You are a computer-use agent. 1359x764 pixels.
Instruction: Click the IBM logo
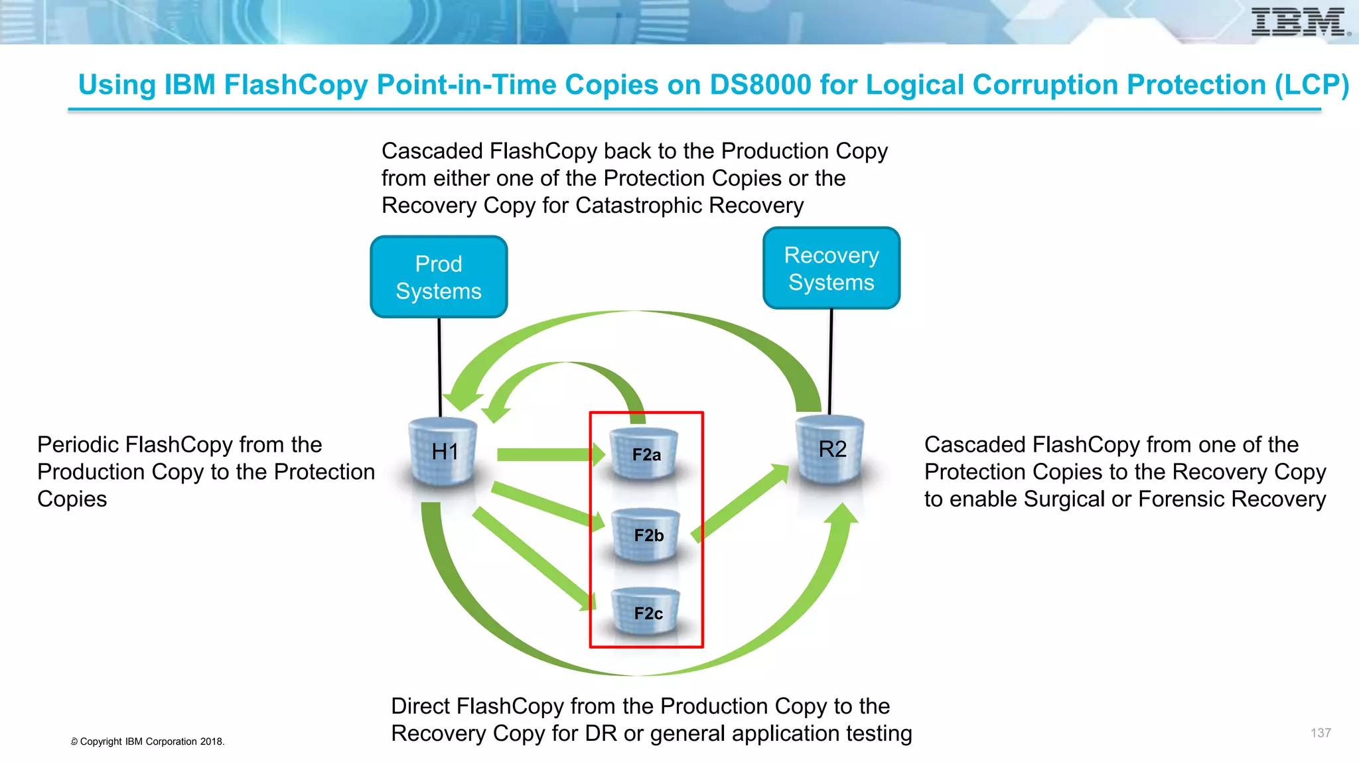pyautogui.click(x=1299, y=22)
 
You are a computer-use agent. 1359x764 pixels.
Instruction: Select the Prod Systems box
pyautogui.click(x=439, y=277)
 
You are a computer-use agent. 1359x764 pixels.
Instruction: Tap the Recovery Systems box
pyautogui.click(x=831, y=268)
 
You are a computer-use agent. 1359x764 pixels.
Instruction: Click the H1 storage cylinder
pyautogui.click(x=443, y=452)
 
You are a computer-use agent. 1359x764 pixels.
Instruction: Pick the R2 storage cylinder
pyautogui.click(x=831, y=450)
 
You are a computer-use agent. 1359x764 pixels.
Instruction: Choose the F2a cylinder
pyautogui.click(x=645, y=454)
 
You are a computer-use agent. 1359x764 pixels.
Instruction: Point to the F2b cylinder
pyautogui.click(x=647, y=535)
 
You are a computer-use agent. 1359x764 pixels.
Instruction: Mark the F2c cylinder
pyautogui.click(x=647, y=613)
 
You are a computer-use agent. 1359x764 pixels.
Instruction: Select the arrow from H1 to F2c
pyautogui.click(x=531, y=557)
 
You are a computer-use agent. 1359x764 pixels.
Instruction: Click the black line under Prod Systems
pyautogui.click(x=439, y=365)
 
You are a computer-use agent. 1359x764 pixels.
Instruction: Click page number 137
pyautogui.click(x=1320, y=733)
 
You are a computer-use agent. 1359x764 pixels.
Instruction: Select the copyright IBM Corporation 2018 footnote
pyautogui.click(x=148, y=741)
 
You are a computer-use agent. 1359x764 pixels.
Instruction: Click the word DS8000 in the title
pyautogui.click(x=760, y=85)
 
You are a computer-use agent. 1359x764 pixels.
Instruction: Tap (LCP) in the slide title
pyautogui.click(x=1311, y=85)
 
